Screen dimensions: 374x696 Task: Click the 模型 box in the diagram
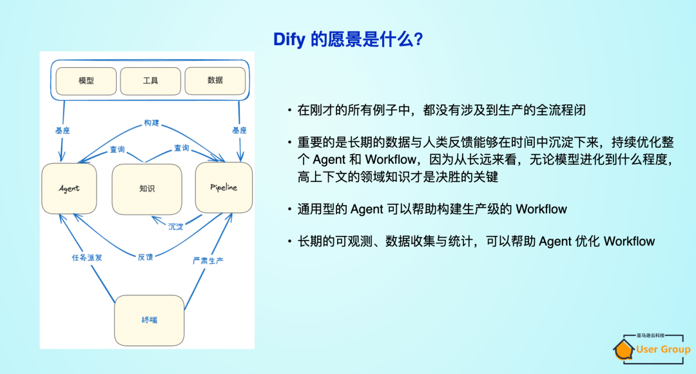(86, 81)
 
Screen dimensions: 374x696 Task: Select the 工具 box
(151, 81)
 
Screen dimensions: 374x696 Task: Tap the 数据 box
(215, 81)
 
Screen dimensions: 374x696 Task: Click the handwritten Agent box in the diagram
(69, 188)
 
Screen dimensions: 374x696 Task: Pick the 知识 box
(147, 189)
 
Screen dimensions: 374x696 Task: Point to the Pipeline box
(224, 187)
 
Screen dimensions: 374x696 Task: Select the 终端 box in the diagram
(149, 320)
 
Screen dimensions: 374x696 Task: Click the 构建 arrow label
(151, 123)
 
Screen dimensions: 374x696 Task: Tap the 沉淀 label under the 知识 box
(176, 226)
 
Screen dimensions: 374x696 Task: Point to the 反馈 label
(146, 257)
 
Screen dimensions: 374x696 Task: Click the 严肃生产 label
(209, 261)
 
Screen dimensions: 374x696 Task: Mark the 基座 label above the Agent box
(62, 130)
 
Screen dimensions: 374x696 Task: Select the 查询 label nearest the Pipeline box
(182, 148)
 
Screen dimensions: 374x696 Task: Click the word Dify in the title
(290, 40)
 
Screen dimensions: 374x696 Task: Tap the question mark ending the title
(418, 40)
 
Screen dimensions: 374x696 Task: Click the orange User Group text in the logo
(663, 349)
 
